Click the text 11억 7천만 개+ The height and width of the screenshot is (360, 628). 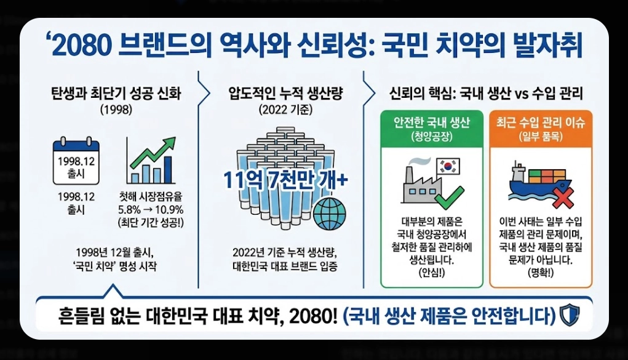285,180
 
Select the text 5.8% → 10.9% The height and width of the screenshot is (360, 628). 152,209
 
